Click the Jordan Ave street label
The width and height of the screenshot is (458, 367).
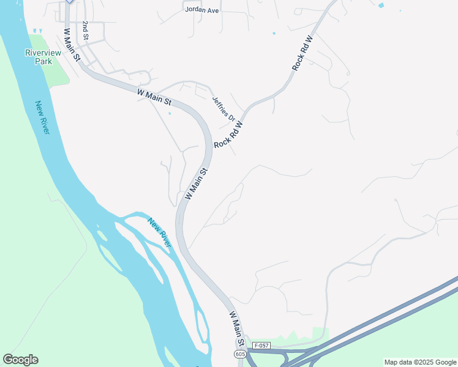(201, 10)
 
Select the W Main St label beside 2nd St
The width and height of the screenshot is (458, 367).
(72, 43)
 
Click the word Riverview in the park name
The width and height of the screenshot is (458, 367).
(43, 53)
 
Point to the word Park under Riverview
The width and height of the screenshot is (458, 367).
(43, 61)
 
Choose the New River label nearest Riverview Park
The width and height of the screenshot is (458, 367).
(42, 118)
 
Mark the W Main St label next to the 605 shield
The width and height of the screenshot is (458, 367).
(237, 328)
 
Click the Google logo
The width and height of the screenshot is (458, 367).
(20, 360)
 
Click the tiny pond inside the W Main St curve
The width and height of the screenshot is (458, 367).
(170, 113)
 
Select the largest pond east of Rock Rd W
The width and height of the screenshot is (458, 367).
(381, 6)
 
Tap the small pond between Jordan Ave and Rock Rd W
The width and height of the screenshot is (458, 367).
(274, 33)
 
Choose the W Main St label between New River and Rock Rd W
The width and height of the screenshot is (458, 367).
(197, 184)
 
